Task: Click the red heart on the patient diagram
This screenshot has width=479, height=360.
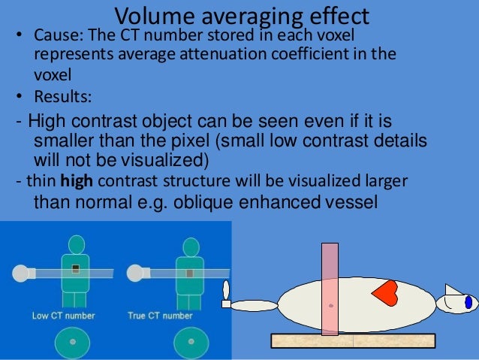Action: pos(385,293)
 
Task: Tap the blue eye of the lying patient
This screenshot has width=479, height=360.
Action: pos(468,302)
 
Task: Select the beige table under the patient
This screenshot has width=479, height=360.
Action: pos(353,340)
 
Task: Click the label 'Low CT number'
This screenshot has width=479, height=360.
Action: pos(63,316)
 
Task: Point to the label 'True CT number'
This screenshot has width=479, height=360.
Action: pos(170,316)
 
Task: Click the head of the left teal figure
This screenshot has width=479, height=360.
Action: pos(77,245)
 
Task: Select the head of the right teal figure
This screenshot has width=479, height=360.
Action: pos(191,247)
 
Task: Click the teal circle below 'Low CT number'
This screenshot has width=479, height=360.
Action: pos(73,341)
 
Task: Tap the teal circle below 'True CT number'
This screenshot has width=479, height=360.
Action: pos(191,342)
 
